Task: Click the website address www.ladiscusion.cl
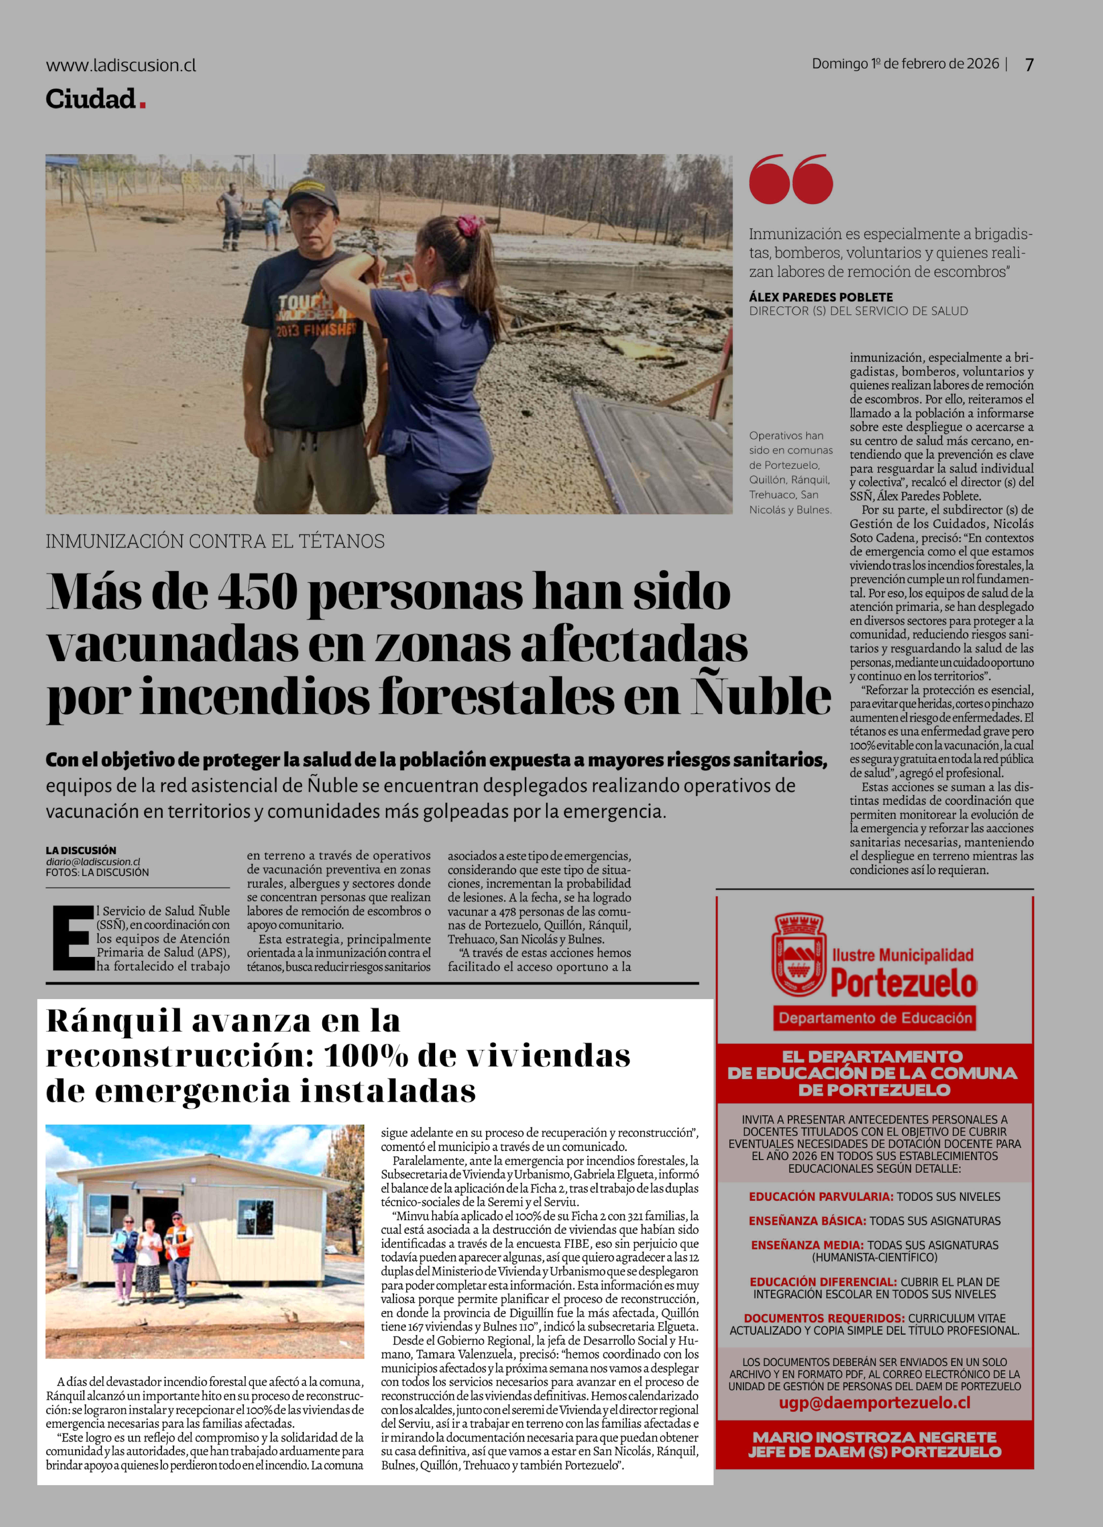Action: pyautogui.click(x=121, y=65)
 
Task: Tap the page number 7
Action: pyautogui.click(x=1029, y=65)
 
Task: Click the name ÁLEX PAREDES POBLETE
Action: pyautogui.click(x=821, y=297)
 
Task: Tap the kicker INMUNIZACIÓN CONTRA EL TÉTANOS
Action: pyautogui.click(x=215, y=541)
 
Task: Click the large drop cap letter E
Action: pyautogui.click(x=73, y=938)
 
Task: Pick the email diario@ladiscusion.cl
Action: pyautogui.click(x=93, y=861)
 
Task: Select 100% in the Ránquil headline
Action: pyautogui.click(x=366, y=1056)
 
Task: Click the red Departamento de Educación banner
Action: pyautogui.click(x=875, y=1017)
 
